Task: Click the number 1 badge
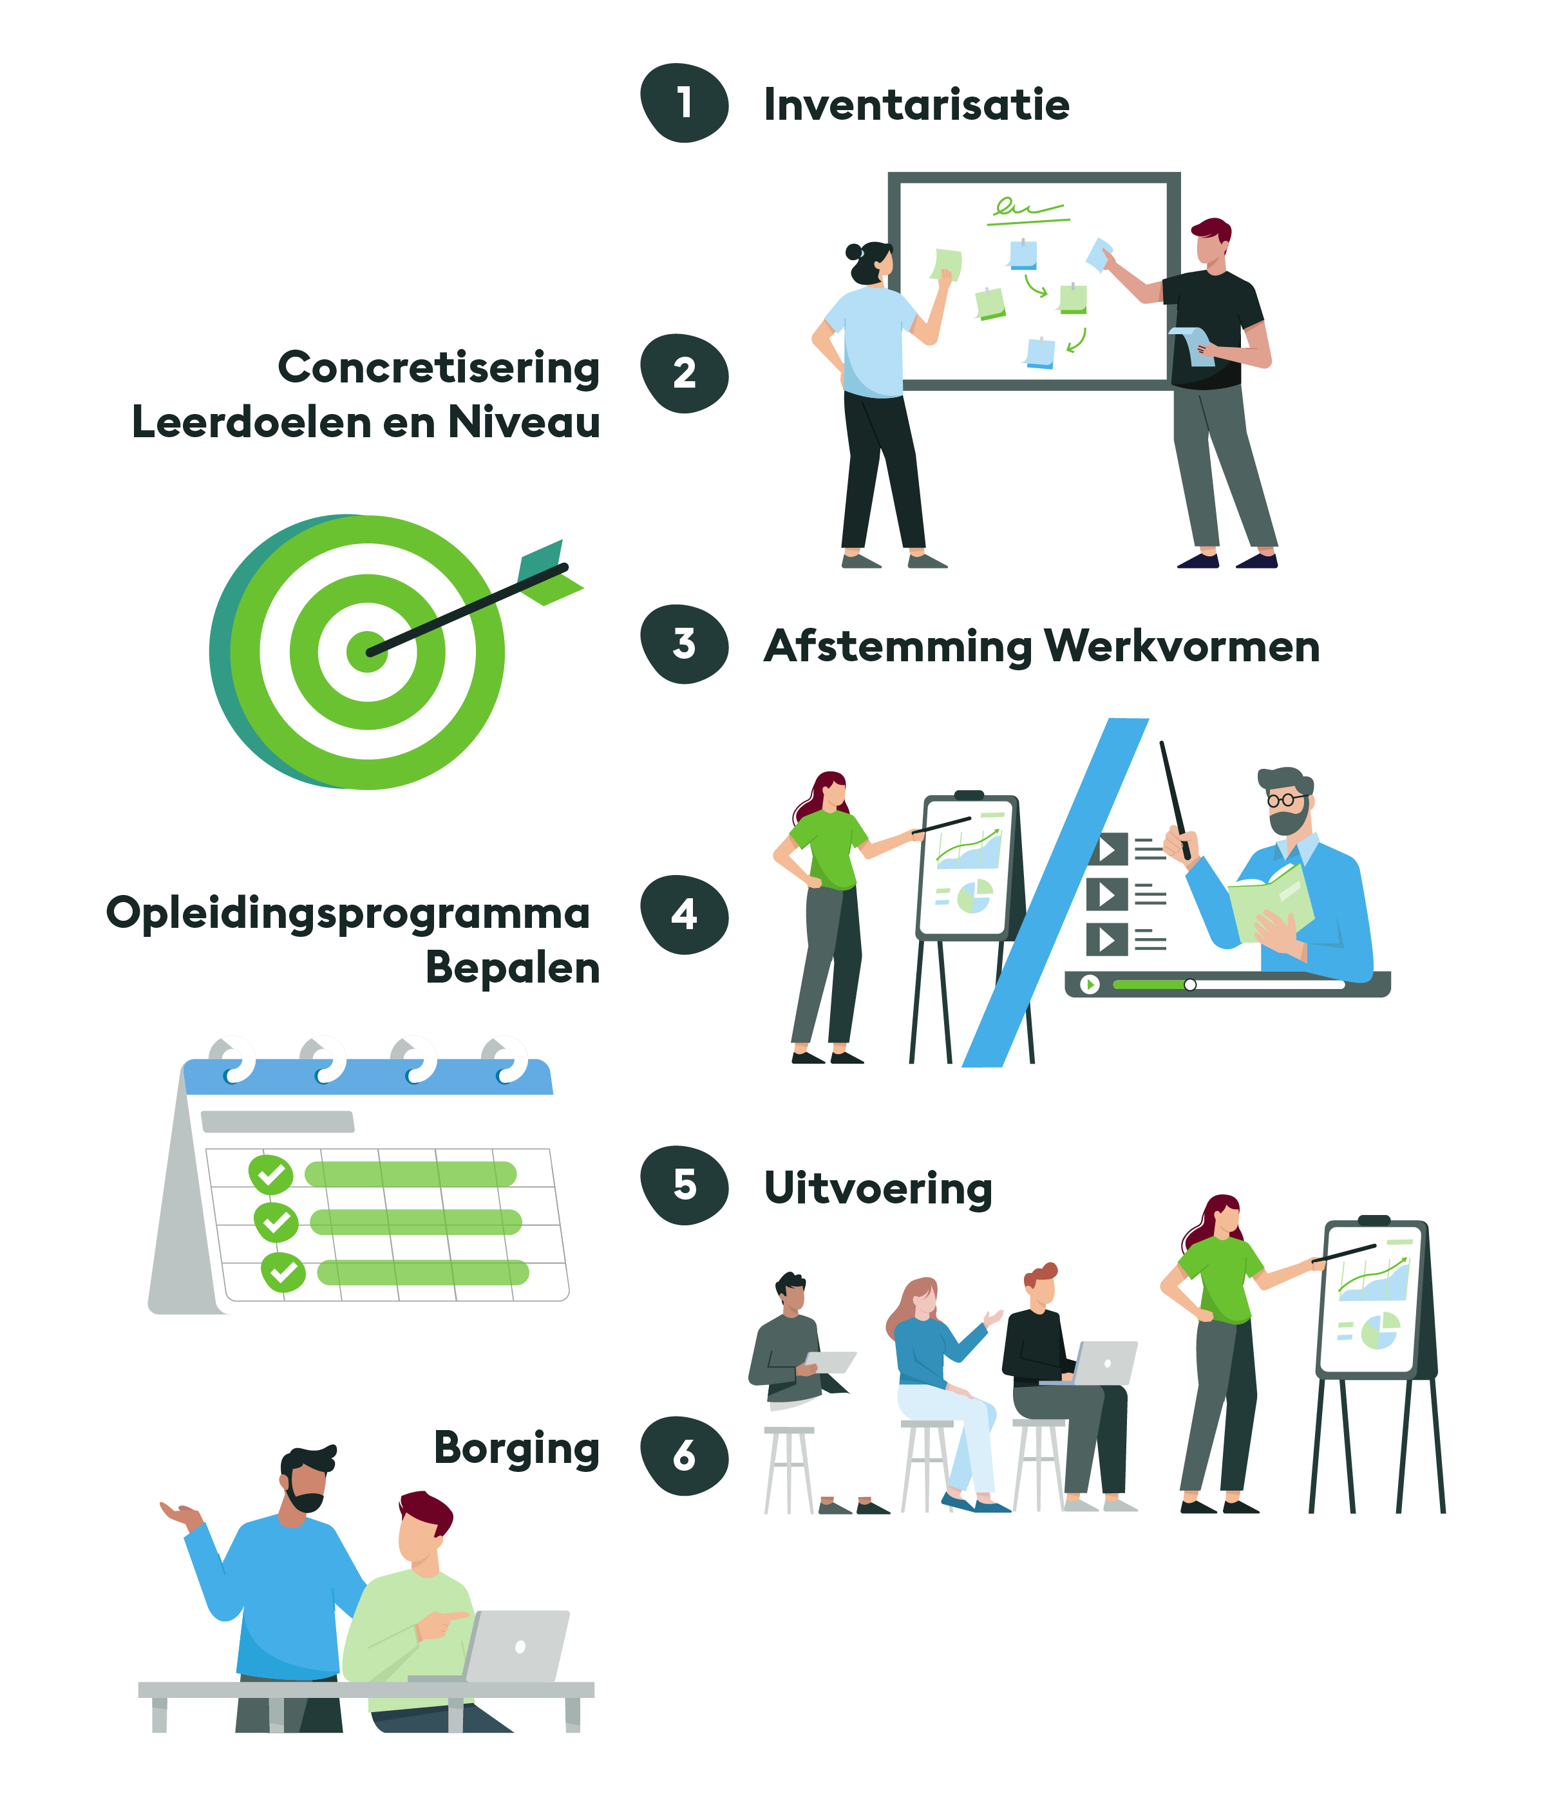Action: point(684,103)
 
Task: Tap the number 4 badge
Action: point(684,915)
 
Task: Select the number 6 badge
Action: point(684,1456)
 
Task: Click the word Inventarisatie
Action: point(916,105)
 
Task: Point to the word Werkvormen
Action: point(1182,647)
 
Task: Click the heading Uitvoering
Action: point(877,1189)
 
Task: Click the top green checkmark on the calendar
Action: point(270,1174)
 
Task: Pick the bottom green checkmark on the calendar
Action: point(283,1272)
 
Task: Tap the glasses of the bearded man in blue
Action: point(1284,799)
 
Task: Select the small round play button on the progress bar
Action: point(1090,985)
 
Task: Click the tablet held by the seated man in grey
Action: point(831,1362)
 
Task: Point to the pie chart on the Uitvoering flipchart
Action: point(1380,1332)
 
